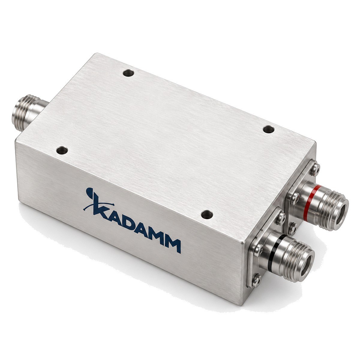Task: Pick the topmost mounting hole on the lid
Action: (x=128, y=73)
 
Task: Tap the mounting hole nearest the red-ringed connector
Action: (x=268, y=129)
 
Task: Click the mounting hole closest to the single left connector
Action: (x=62, y=150)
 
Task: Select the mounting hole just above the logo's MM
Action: (x=207, y=215)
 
